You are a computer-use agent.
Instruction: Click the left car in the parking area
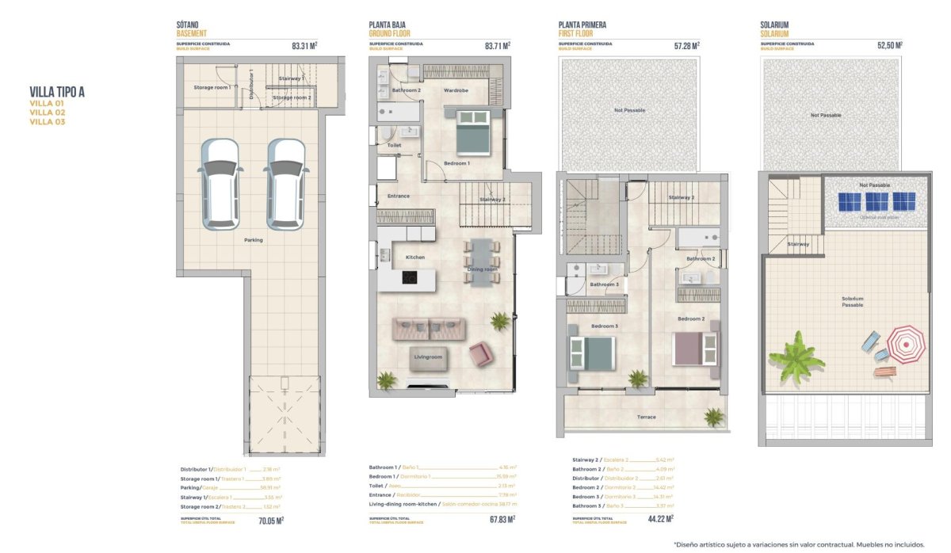[220, 185]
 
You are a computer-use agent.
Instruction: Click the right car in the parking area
[285, 185]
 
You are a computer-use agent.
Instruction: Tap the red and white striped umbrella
[904, 344]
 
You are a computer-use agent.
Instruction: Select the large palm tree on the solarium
[796, 357]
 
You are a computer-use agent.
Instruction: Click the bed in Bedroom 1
[473, 132]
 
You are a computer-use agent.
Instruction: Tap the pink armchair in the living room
[481, 355]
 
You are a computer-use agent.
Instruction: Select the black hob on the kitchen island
[411, 278]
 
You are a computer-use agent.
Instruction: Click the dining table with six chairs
[481, 262]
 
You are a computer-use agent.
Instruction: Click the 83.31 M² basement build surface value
[304, 46]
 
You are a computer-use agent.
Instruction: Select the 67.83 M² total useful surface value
[499, 520]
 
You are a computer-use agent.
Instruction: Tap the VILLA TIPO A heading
[57, 91]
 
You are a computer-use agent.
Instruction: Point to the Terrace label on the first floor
[647, 417]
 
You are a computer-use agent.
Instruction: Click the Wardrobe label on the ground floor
[456, 90]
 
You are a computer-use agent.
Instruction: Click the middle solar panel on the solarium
[876, 201]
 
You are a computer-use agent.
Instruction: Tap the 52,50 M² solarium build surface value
[890, 46]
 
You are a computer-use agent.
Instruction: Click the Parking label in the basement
[253, 240]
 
